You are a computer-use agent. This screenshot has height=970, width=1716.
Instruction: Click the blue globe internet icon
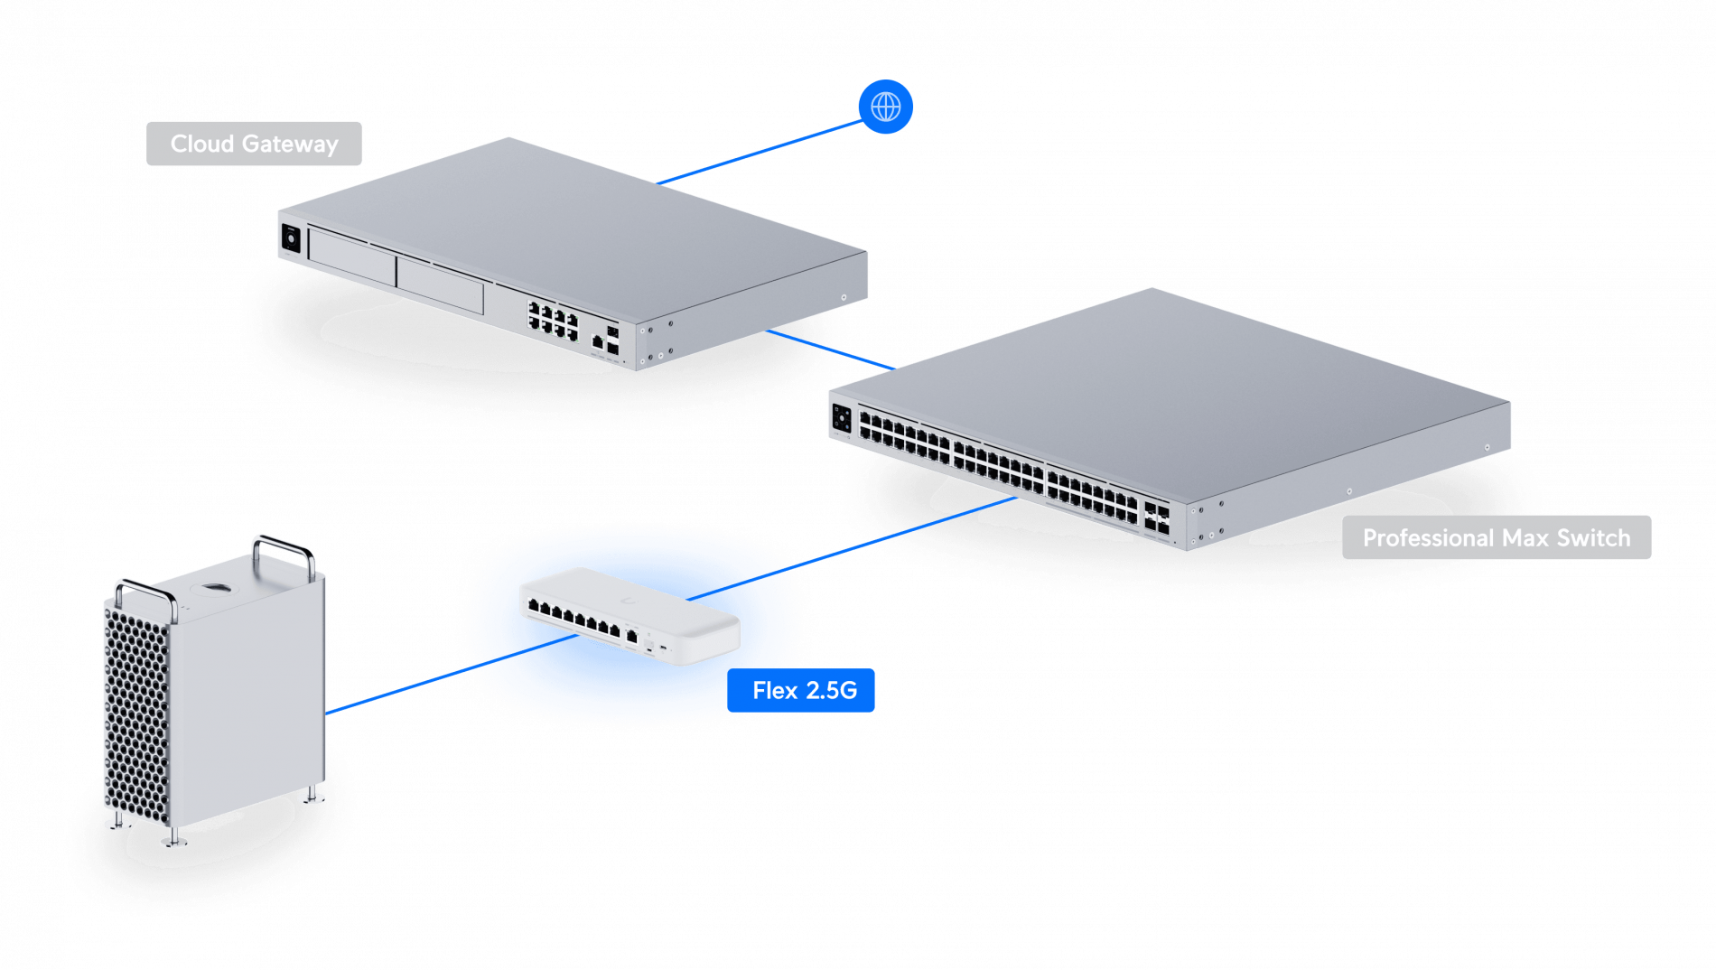pos(885,107)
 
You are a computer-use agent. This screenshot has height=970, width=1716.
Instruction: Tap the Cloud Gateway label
pos(254,144)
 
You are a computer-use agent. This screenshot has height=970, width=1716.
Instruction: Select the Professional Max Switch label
pos(1496,537)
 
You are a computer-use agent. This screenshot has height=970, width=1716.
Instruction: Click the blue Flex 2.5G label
pos(804,690)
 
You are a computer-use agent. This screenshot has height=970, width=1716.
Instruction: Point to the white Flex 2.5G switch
pos(630,614)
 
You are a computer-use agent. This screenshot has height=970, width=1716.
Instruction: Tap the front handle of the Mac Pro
pos(145,596)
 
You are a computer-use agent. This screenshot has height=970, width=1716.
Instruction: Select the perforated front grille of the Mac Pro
pos(135,714)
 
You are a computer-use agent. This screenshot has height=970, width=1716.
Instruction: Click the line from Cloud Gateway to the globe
pos(759,152)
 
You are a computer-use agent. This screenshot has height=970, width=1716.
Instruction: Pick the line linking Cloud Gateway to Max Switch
pos(829,350)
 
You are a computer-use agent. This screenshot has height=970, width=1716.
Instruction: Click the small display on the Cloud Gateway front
pos(291,238)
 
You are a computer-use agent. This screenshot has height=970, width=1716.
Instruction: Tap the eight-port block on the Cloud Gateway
pos(553,321)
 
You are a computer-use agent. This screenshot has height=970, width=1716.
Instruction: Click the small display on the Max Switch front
pos(842,418)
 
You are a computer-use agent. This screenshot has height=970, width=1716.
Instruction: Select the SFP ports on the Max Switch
pos(1157,518)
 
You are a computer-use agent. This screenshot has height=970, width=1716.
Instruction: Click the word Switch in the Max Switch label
pos(1593,537)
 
